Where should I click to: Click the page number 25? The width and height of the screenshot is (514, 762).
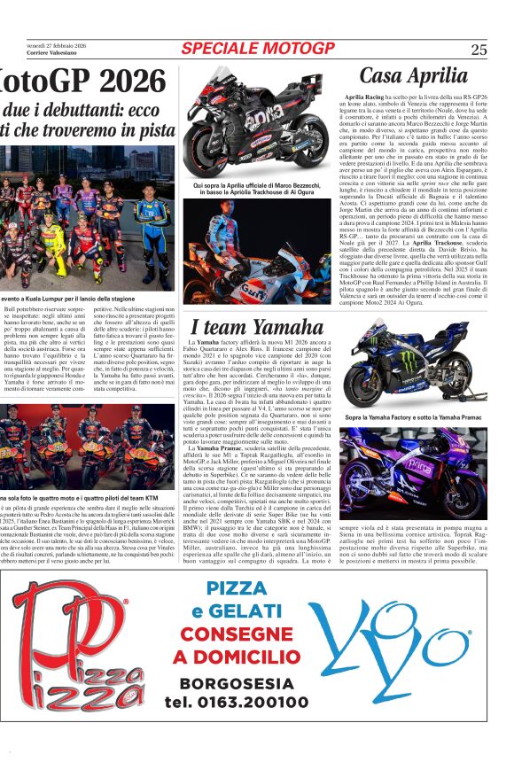[479, 50]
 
